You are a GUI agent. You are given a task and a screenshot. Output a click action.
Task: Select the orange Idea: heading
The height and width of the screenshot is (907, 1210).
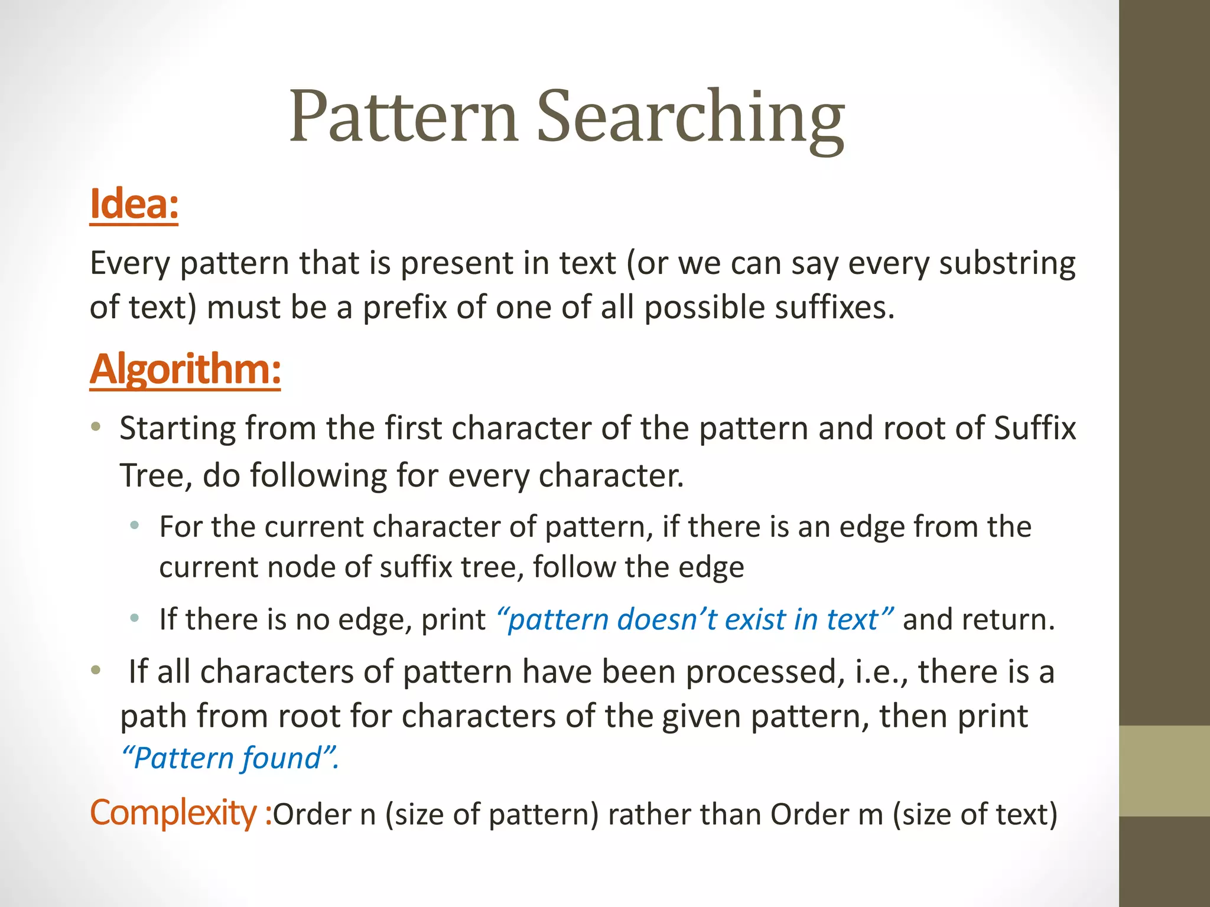pos(134,204)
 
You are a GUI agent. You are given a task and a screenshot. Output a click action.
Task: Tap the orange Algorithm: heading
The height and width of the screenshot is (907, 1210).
pos(185,370)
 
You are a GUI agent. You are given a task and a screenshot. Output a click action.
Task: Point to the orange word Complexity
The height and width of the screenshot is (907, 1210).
pos(173,813)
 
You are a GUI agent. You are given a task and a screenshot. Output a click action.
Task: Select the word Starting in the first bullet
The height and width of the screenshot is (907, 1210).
pos(178,429)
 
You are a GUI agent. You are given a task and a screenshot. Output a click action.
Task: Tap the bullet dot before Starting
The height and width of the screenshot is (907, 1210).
pos(96,426)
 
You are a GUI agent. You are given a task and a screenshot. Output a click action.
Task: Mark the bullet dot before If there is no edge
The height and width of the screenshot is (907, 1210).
pos(135,618)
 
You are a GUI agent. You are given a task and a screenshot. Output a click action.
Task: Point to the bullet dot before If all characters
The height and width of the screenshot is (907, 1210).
pos(96,671)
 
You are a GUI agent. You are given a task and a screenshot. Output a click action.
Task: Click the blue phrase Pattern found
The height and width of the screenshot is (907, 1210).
pos(230,758)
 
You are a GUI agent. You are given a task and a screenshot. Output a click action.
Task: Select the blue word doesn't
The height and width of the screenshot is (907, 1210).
pos(666,619)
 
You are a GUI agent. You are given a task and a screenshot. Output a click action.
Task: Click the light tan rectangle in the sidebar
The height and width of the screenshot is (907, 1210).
pos(1165,771)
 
